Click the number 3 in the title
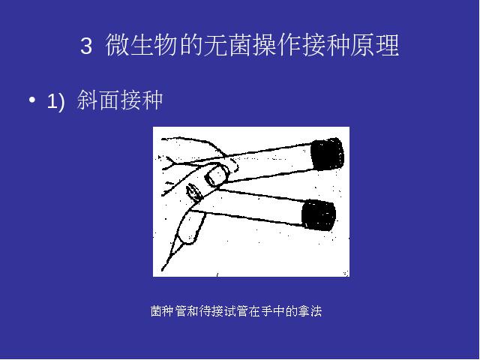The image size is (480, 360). point(86,46)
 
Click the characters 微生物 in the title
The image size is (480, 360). point(142,45)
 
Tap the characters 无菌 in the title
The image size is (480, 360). point(227,45)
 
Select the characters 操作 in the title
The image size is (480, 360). point(277,45)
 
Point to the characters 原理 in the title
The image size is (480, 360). point(375,45)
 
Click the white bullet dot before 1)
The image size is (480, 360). point(31,100)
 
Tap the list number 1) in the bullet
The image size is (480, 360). point(55,101)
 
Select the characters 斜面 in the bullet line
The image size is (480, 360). point(98,100)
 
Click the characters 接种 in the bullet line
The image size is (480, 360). point(141,100)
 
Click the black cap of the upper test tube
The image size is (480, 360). point(328,154)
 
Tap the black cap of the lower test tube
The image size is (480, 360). point(318,214)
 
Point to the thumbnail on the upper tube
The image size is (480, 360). point(216,175)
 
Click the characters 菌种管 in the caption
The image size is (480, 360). point(168,311)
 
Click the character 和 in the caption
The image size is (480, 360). point(193,311)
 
